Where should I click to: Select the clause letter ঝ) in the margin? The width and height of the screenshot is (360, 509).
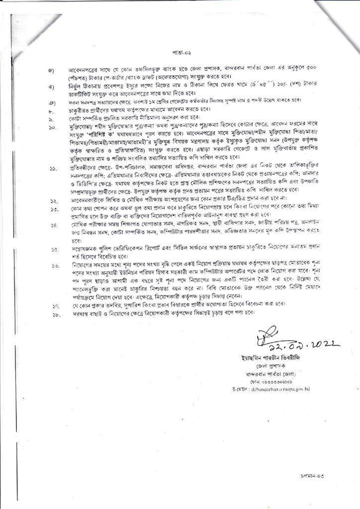pyautogui.click(x=52, y=87)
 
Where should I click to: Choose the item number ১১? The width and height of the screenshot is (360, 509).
pyautogui.click(x=53, y=170)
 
